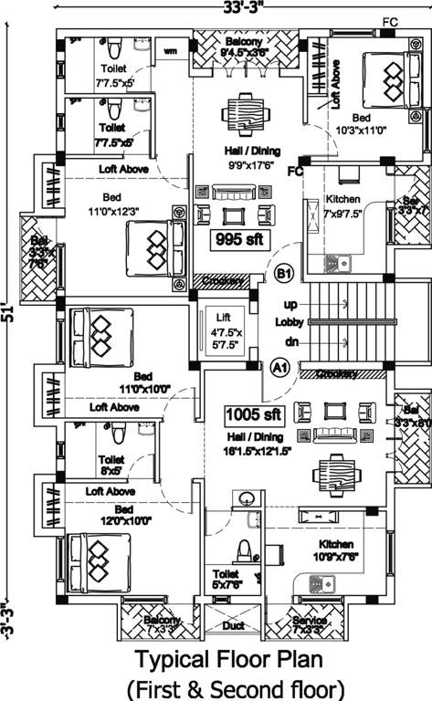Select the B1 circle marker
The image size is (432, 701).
[x=283, y=273]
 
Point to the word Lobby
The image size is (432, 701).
[x=288, y=322]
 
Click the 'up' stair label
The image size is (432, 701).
[x=290, y=304]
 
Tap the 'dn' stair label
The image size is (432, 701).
[x=290, y=341]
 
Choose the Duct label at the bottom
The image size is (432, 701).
[x=234, y=627]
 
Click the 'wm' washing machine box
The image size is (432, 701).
[x=171, y=52]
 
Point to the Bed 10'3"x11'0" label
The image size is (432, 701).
[x=362, y=124]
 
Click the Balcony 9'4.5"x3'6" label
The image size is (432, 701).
[x=244, y=47]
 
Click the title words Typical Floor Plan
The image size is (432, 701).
[x=228, y=658]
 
